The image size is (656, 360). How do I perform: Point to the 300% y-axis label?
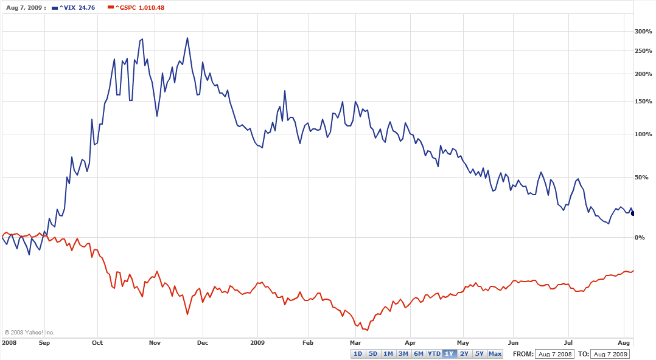[x=643, y=31]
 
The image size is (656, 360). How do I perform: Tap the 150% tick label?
[x=643, y=102]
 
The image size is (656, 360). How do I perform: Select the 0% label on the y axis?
[x=640, y=237]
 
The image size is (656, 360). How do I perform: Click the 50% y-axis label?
[x=641, y=178]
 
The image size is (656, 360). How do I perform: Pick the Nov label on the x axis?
[x=155, y=342]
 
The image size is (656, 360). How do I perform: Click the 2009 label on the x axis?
[x=257, y=342]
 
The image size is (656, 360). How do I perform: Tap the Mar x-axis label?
[x=355, y=342]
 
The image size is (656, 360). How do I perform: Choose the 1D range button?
[x=358, y=354]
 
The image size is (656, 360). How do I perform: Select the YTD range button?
[x=434, y=354]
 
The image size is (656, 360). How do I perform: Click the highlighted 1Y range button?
[x=449, y=354]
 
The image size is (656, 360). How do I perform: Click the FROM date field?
[x=554, y=354]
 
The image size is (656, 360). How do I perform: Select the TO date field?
[x=610, y=354]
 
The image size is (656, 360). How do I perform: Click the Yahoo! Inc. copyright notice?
[x=30, y=333]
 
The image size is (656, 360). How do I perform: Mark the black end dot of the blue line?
[x=633, y=213]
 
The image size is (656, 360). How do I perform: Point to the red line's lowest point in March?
[x=366, y=330]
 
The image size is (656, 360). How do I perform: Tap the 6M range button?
[x=419, y=354]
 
